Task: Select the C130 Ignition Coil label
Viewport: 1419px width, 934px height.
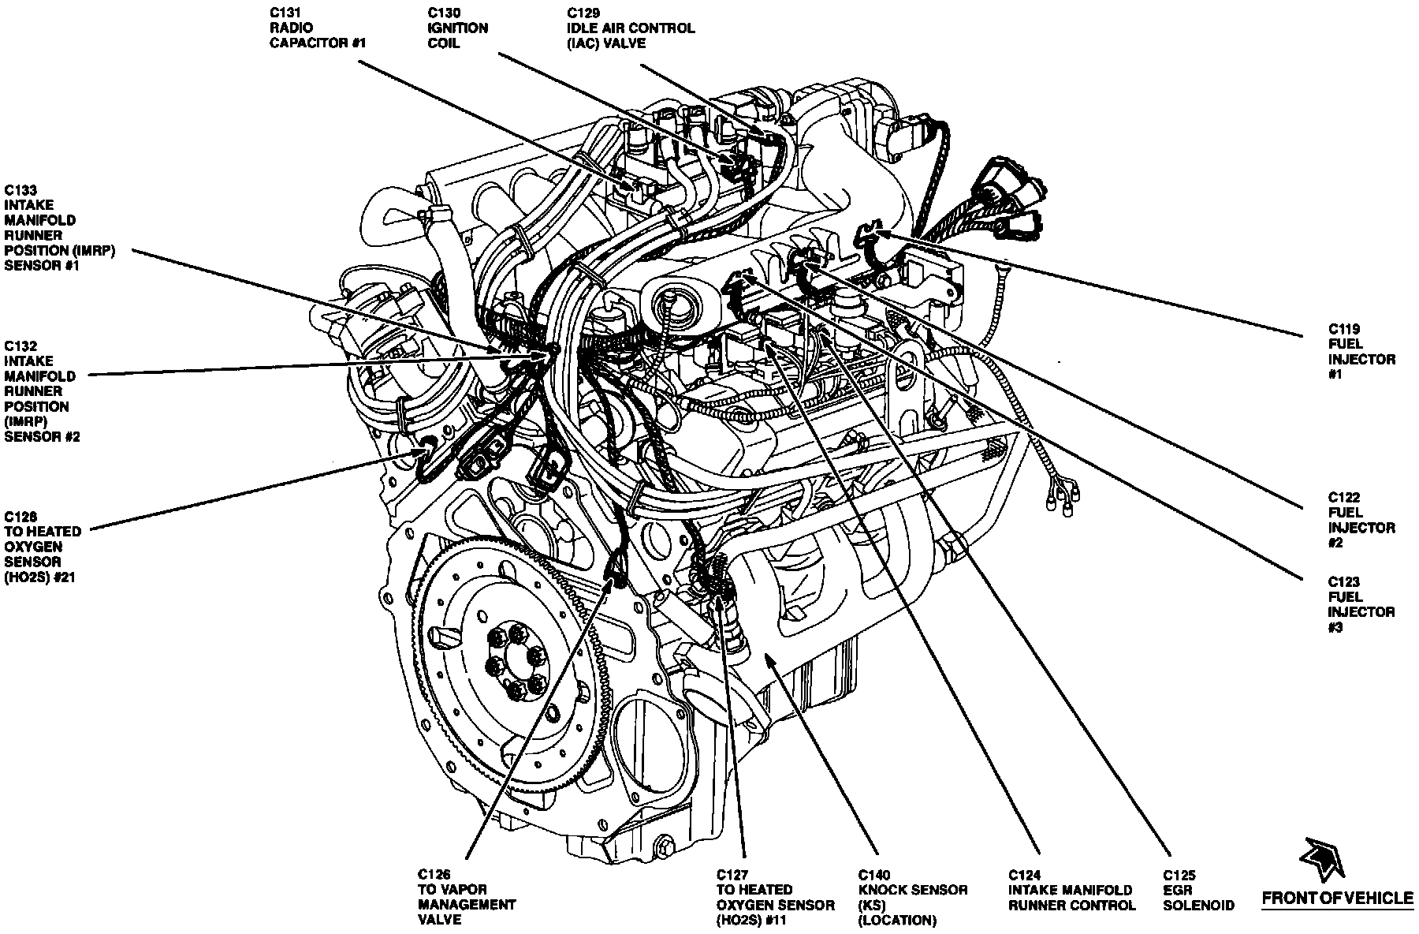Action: pyautogui.click(x=458, y=28)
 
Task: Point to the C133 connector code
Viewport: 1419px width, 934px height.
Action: pyautogui.click(x=21, y=190)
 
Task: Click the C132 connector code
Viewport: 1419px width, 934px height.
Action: pyautogui.click(x=21, y=346)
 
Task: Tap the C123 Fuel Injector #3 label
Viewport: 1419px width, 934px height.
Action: pyautogui.click(x=1361, y=604)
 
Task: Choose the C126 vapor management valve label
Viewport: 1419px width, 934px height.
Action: pyautogui.click(x=467, y=897)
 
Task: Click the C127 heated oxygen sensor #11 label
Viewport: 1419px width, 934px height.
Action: pyautogui.click(x=775, y=897)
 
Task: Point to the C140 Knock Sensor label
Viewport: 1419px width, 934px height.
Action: pyautogui.click(x=912, y=897)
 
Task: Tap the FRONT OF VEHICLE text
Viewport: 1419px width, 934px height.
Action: pyautogui.click(x=1338, y=898)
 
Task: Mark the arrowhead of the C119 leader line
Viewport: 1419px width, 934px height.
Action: pyautogui.click(x=881, y=231)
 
